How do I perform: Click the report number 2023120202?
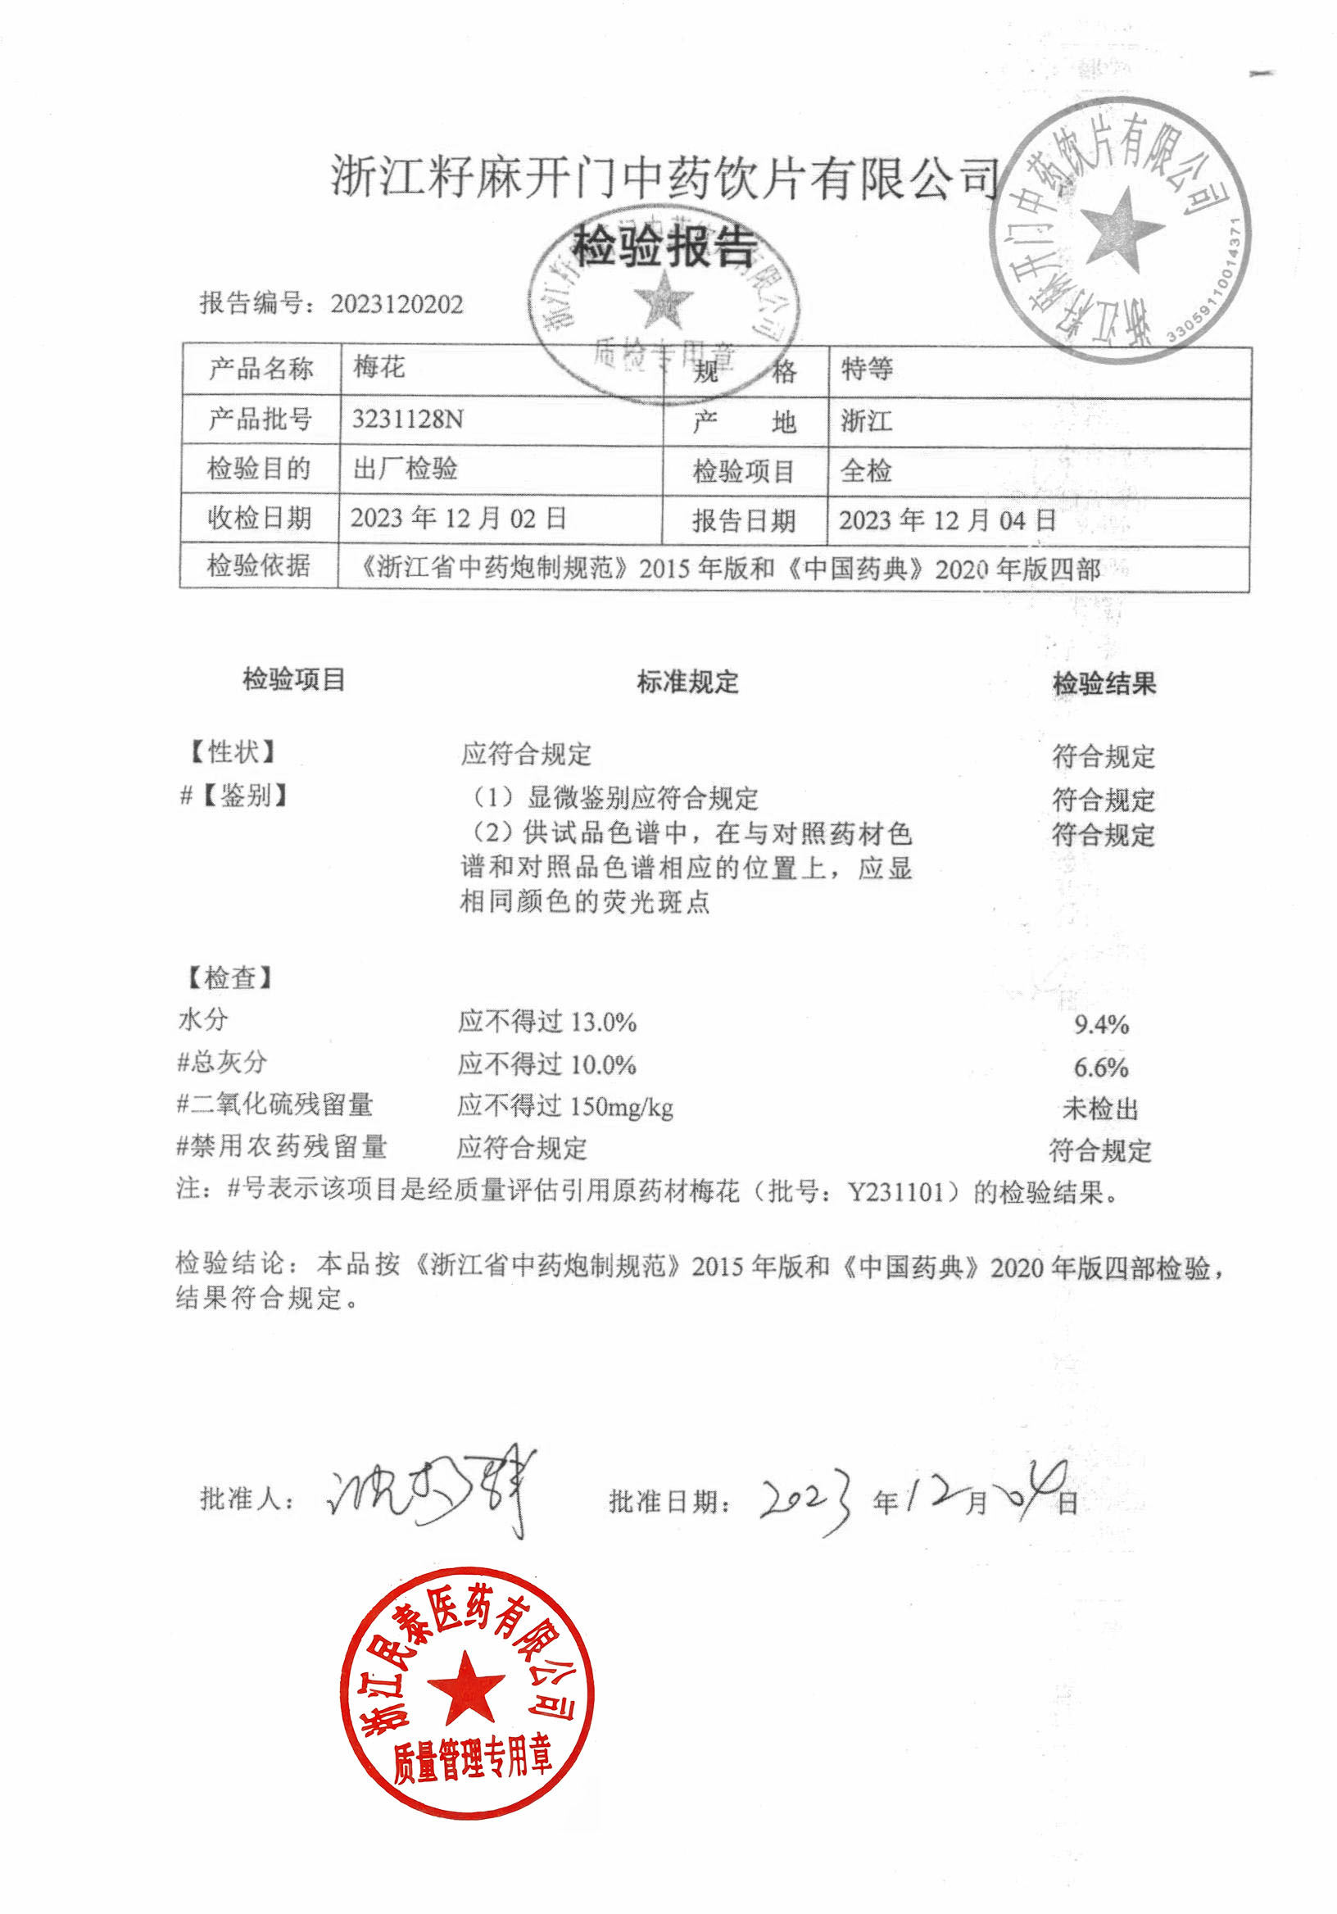pyautogui.click(x=396, y=304)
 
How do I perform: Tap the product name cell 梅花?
pyautogui.click(x=378, y=367)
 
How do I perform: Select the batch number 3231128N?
pyautogui.click(x=407, y=419)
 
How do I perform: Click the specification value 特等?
pyautogui.click(x=866, y=369)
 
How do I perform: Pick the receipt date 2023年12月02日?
pyautogui.click(x=458, y=518)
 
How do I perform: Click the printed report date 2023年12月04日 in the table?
pyautogui.click(x=947, y=521)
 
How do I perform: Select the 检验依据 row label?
pyautogui.click(x=258, y=566)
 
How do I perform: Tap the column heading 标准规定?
pyautogui.click(x=687, y=682)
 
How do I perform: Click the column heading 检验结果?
pyautogui.click(x=1104, y=684)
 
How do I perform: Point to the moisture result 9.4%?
pyautogui.click(x=1101, y=1024)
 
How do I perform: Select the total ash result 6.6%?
pyautogui.click(x=1100, y=1067)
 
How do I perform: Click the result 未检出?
pyautogui.click(x=1100, y=1109)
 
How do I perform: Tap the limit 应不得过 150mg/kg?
pyautogui.click(x=564, y=1106)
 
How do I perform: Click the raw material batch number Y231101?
pyautogui.click(x=896, y=1192)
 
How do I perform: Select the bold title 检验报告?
pyautogui.click(x=664, y=247)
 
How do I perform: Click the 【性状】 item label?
pyautogui.click(x=231, y=752)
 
